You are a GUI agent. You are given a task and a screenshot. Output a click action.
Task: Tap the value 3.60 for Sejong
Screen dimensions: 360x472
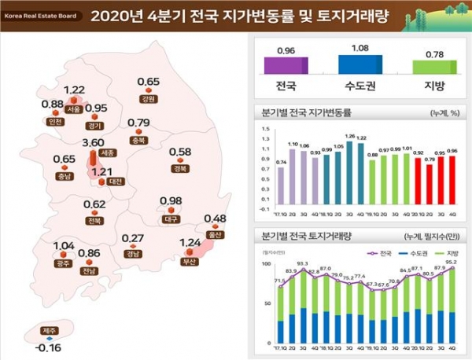(94, 142)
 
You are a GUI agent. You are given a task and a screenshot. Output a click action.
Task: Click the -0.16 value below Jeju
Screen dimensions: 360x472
(50, 346)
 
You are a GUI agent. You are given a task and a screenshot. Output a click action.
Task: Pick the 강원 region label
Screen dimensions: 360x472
(148, 99)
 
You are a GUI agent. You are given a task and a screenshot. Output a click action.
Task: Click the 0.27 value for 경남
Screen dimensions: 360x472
(133, 238)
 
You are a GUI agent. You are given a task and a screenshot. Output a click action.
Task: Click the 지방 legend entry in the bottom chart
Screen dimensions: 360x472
(451, 253)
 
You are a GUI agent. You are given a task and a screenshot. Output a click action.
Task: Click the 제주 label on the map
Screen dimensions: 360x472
(50, 330)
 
